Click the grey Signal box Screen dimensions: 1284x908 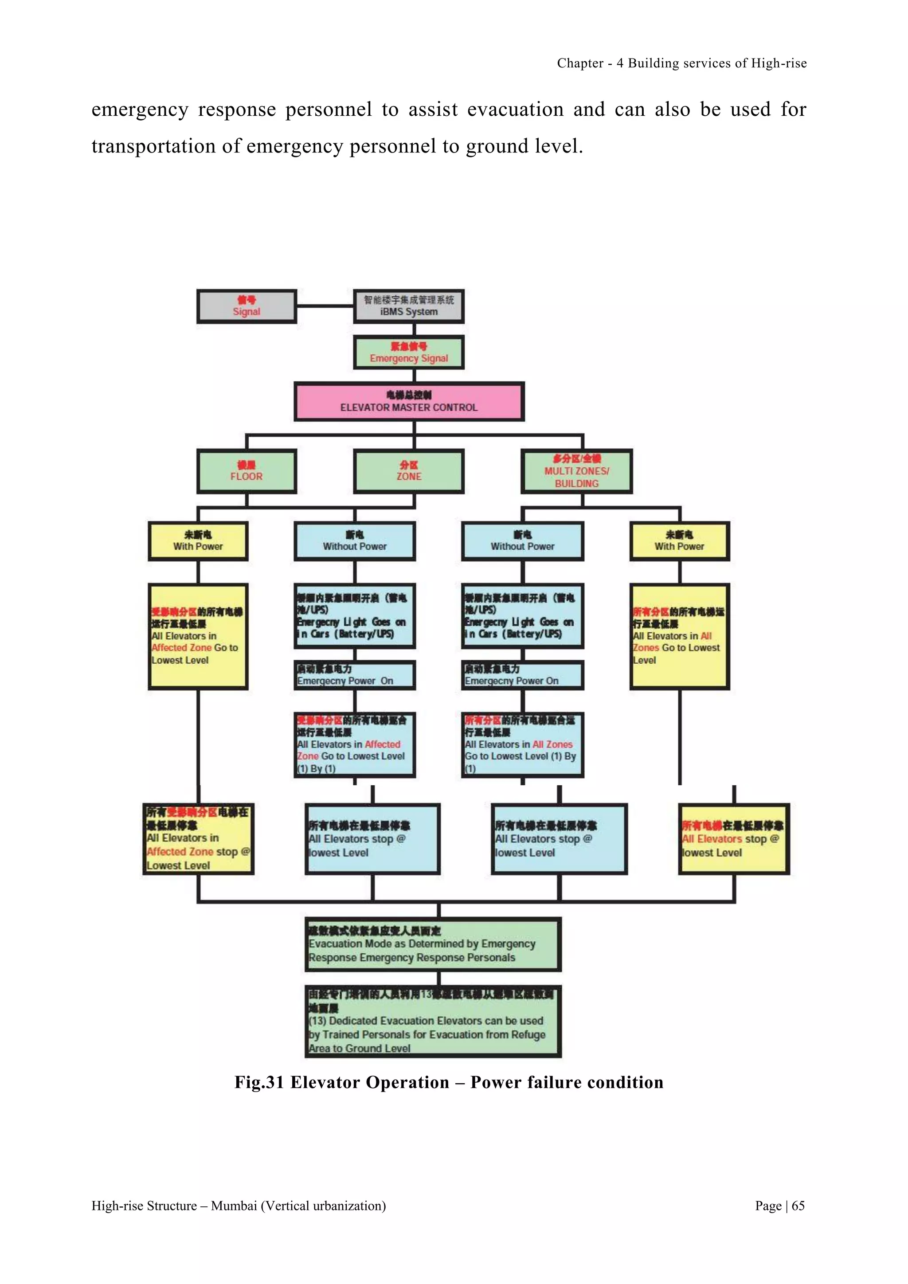pos(246,306)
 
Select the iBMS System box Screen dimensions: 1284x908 pos(409,306)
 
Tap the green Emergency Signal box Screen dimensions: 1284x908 pos(409,352)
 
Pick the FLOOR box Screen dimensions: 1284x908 pos(246,471)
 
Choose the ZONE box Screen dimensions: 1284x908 pos(409,471)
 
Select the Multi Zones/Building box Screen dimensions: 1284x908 pos(576,471)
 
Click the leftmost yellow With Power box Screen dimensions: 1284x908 pos(198,541)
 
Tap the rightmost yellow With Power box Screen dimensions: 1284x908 pos(679,541)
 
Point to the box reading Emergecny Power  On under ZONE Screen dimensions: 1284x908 pos(355,675)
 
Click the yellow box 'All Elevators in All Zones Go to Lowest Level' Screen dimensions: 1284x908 pos(679,636)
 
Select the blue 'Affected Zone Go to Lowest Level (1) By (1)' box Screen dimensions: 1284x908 pos(355,745)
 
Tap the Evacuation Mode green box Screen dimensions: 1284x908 pos(433,944)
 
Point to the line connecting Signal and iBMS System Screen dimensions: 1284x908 pos(325,306)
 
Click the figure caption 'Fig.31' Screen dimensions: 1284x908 pos(259,1083)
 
